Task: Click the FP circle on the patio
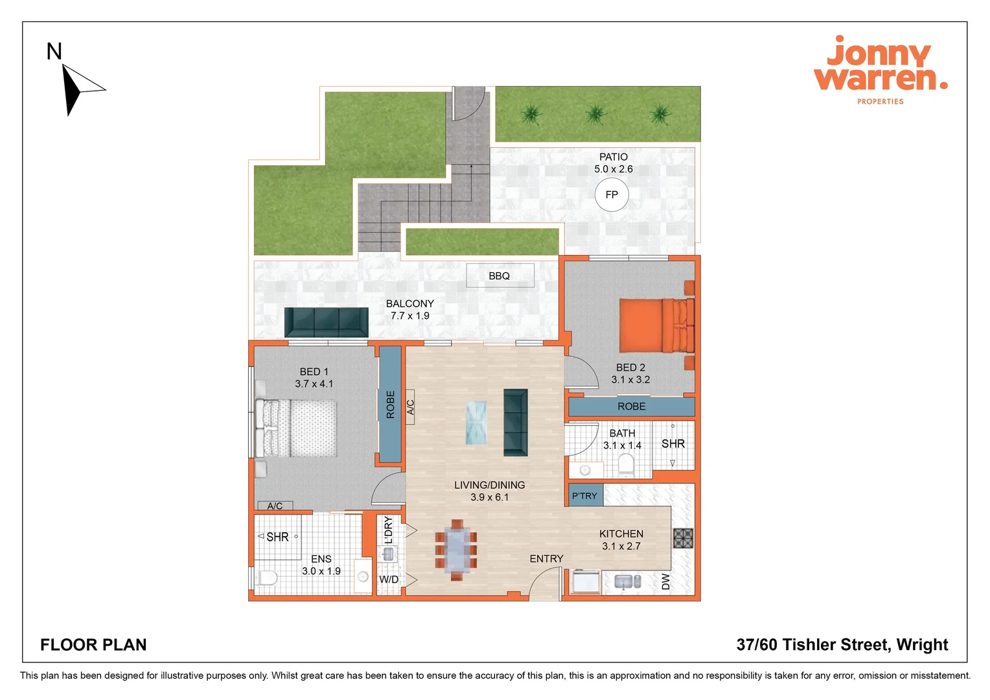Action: click(612, 194)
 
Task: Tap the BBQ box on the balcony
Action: click(500, 275)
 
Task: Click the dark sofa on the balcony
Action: click(326, 321)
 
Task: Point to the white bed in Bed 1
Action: click(297, 428)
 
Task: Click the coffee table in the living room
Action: click(476, 423)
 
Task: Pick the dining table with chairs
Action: click(457, 550)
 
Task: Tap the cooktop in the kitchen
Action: click(683, 538)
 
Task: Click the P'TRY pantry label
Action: click(584, 496)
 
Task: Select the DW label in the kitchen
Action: click(666, 581)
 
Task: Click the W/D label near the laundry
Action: click(389, 579)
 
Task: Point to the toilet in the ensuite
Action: click(266, 577)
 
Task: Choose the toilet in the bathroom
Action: click(626, 464)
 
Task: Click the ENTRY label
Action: click(546, 559)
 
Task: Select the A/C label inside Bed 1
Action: click(275, 506)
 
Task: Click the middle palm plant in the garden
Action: click(595, 115)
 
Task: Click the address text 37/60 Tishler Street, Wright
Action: click(842, 645)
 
